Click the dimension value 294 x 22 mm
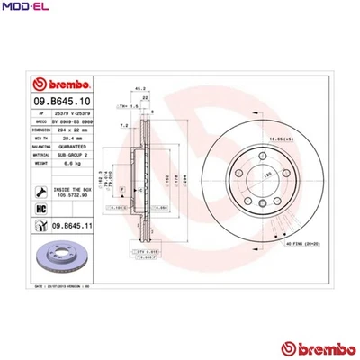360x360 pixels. [x=73, y=130]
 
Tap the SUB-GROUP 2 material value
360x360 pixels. [x=73, y=156]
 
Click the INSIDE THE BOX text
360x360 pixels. [x=73, y=188]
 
